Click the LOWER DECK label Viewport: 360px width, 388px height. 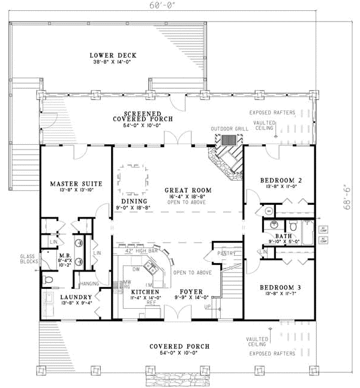(x=103, y=55)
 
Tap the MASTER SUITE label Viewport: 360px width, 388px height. (x=76, y=183)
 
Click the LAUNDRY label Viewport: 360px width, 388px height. (x=76, y=297)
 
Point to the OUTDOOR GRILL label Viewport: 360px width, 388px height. (x=226, y=129)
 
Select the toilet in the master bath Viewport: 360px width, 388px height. (x=49, y=281)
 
